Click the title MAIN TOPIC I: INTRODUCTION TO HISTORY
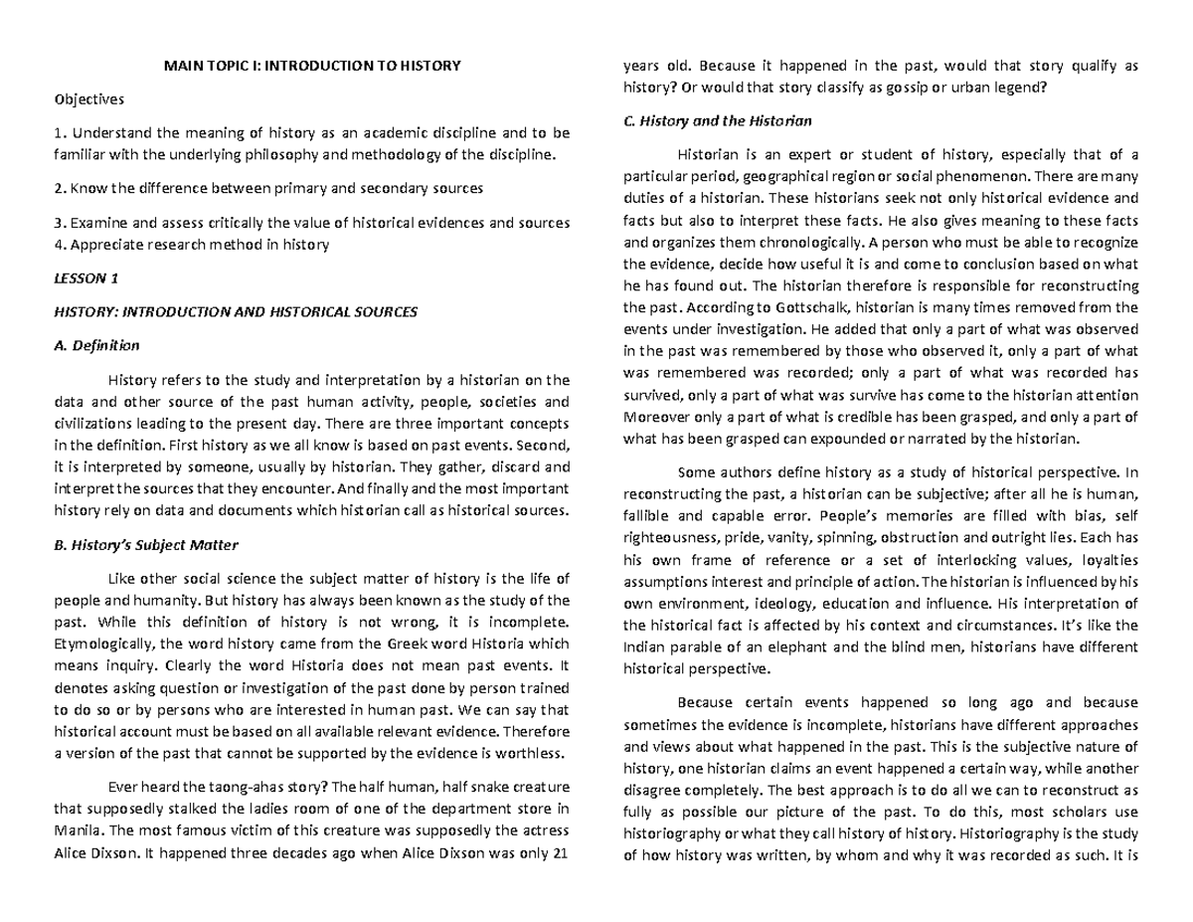coord(311,67)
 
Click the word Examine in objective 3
coord(95,222)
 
